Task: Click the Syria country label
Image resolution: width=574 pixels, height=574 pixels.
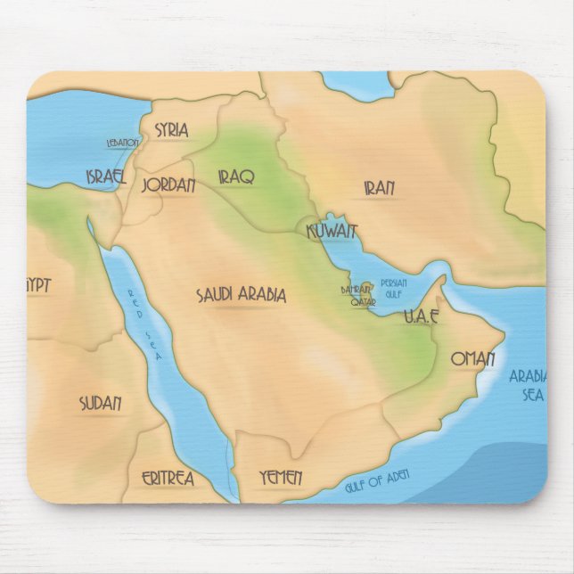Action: tap(171, 130)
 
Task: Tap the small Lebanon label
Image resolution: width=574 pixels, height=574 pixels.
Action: tap(123, 143)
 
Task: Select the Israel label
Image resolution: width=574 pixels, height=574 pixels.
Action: tap(106, 176)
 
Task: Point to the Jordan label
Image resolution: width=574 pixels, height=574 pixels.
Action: tap(168, 186)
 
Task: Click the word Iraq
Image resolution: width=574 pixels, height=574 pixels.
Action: tap(236, 176)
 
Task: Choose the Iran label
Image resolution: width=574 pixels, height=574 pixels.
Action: tap(379, 188)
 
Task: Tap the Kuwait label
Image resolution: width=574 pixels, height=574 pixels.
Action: tap(332, 233)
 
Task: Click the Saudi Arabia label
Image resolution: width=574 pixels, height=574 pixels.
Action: tap(242, 295)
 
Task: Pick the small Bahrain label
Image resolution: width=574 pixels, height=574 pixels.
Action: tap(355, 290)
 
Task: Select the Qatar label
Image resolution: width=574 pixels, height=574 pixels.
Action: tap(362, 303)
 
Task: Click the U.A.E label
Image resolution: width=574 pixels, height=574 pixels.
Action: tap(421, 316)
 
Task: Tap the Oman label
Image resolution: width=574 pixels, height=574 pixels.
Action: tap(472, 359)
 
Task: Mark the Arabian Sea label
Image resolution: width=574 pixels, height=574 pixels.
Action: tap(528, 384)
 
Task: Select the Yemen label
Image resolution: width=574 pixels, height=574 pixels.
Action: tap(281, 478)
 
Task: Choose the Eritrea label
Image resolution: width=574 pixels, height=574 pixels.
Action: tap(168, 479)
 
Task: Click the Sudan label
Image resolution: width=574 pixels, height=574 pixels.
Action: tap(100, 403)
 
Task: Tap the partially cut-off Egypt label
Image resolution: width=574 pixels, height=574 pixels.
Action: tap(38, 285)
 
